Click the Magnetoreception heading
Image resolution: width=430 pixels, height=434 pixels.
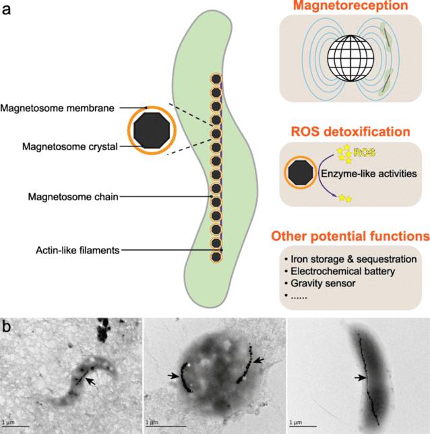pos(350,5)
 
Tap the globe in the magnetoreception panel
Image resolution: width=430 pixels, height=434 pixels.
pos(350,59)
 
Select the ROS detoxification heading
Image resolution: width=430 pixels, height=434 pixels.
pos(350,132)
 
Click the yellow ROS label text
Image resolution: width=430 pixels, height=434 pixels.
pos(365,152)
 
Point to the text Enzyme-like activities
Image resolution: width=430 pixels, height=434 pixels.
pos(369,174)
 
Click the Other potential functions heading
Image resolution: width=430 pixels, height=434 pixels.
pos(350,237)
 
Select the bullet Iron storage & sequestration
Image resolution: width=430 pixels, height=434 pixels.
pos(350,259)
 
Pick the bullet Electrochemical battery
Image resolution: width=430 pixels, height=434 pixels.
pos(340,271)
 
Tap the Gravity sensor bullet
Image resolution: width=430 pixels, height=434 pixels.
pos(319,284)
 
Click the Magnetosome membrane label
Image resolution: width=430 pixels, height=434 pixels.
pos(57,108)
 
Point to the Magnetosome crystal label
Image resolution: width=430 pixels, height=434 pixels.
pos(70,147)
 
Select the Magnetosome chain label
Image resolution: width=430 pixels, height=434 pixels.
pos(73,197)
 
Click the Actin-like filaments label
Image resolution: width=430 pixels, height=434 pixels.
pos(78,251)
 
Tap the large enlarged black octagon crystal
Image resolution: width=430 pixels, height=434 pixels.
pos(152,130)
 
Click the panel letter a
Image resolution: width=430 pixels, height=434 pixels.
pos(6,10)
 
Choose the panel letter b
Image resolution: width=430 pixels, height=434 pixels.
pos(6,327)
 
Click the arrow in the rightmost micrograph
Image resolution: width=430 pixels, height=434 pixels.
pos(360,377)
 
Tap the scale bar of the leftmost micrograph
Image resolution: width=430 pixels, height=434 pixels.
pos(16,426)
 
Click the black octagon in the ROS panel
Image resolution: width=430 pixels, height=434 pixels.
pos(301,173)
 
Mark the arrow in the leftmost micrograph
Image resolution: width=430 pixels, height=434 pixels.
pos(90,381)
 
